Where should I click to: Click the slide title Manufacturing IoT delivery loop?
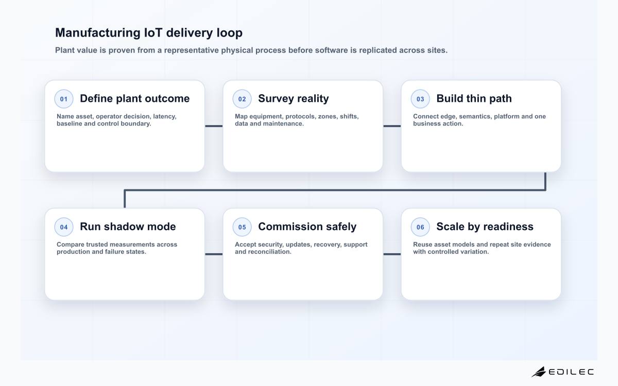[x=149, y=33]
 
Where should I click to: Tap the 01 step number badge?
[x=64, y=99]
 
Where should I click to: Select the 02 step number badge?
[x=242, y=99]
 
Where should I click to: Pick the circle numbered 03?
[x=420, y=99]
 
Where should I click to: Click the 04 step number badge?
[x=64, y=227]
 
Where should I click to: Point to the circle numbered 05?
[x=242, y=227]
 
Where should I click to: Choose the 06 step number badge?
[x=420, y=227]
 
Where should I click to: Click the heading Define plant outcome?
[x=134, y=98]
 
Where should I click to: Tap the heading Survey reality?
[x=293, y=98]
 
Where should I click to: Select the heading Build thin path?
[x=474, y=98]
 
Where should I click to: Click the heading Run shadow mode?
[x=128, y=226]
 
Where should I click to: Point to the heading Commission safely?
[x=307, y=226]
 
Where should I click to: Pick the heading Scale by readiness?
[x=485, y=226]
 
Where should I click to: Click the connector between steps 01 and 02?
[x=214, y=126]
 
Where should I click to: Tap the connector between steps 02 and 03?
[x=392, y=126]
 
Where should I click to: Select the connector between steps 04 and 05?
[x=214, y=254]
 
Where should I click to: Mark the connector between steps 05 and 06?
[x=392, y=254]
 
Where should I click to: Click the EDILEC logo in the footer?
[x=563, y=372]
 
